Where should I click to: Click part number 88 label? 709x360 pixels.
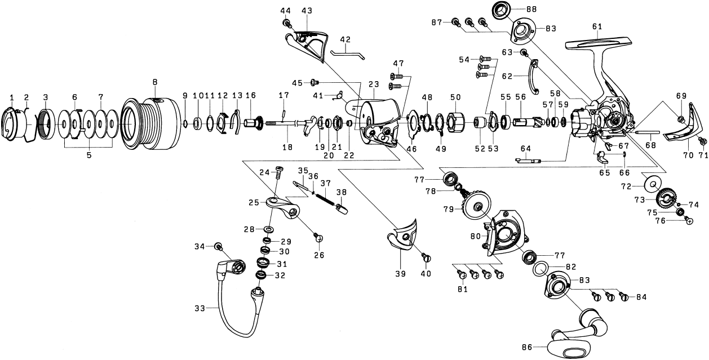click(531, 8)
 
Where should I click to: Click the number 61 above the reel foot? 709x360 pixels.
click(597, 26)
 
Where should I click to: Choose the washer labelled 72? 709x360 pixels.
click(652, 184)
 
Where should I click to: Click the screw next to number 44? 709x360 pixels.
click(287, 23)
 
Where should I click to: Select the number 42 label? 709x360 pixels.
click(345, 39)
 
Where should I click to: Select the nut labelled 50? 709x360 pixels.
click(456, 122)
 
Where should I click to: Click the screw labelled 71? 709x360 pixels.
click(702, 140)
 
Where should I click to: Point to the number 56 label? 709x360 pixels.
click(520, 97)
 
